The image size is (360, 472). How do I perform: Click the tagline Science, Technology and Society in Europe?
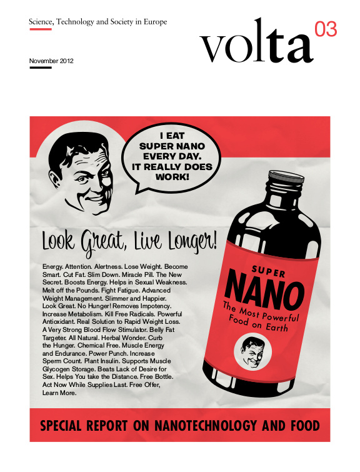(x=97, y=22)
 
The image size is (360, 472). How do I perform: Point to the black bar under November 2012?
(x=40, y=68)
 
